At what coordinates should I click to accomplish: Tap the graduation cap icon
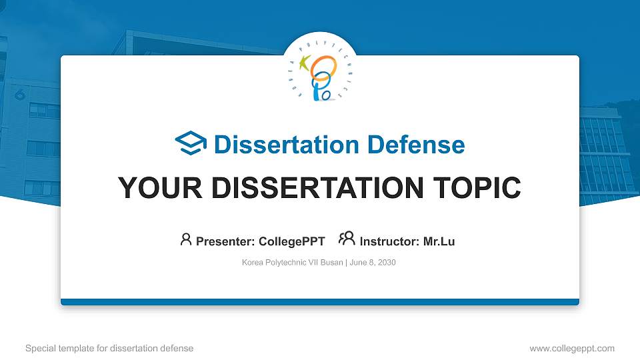click(x=191, y=144)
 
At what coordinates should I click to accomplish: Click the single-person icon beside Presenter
click(x=186, y=239)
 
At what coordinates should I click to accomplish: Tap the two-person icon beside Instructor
click(x=347, y=239)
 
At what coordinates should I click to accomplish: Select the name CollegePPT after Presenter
click(x=292, y=241)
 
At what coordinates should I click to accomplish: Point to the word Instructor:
click(x=389, y=241)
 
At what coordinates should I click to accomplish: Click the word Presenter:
click(x=225, y=241)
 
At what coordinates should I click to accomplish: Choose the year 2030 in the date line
click(x=387, y=263)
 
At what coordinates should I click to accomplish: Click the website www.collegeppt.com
click(x=571, y=348)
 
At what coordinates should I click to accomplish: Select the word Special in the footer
click(x=41, y=348)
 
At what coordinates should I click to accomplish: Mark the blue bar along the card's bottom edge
click(x=320, y=302)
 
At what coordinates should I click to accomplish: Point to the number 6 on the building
click(x=19, y=95)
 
